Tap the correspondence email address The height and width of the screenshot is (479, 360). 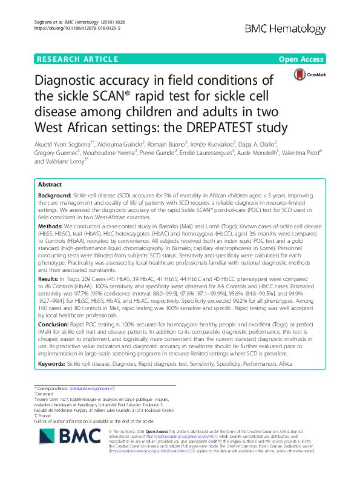89,387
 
